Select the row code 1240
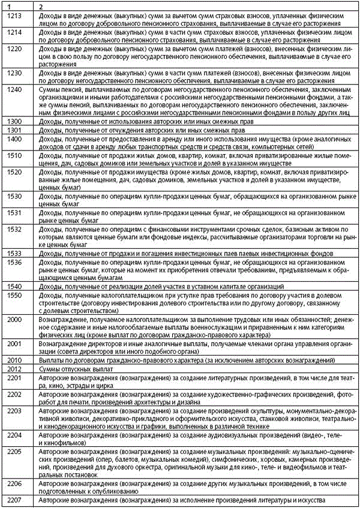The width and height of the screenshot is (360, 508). (x=12, y=89)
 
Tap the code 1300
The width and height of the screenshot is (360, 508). (x=12, y=121)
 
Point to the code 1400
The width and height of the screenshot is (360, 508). (x=12, y=139)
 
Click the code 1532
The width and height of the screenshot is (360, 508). (x=12, y=229)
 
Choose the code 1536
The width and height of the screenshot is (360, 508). (x=12, y=262)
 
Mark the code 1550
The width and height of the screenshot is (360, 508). (x=12, y=296)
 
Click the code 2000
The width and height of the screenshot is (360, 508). (x=12, y=320)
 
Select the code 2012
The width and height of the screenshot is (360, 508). (x=12, y=369)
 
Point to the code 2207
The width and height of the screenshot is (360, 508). (x=12, y=500)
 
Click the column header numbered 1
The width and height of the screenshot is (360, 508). (x=5, y=5)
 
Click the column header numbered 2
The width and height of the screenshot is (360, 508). (x=40, y=5)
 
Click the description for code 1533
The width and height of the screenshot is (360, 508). (x=179, y=254)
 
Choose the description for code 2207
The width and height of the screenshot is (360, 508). (x=181, y=500)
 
